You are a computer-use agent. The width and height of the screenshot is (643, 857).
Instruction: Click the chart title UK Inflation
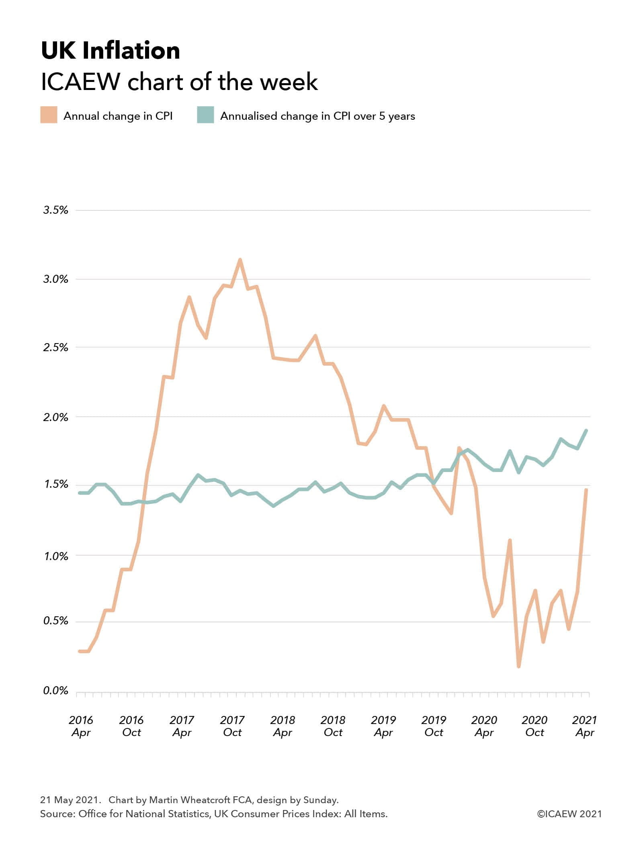pyautogui.click(x=111, y=51)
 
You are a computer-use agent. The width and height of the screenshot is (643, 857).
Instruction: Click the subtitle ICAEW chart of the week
pyautogui.click(x=179, y=82)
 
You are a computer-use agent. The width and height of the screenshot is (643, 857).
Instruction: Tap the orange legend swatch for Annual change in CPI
pyautogui.click(x=49, y=115)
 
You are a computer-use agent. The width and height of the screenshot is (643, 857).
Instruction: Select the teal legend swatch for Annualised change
pyautogui.click(x=205, y=115)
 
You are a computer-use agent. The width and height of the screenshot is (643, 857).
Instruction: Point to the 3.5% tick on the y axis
pyautogui.click(x=56, y=210)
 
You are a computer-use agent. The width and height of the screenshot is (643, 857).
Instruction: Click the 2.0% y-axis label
pyautogui.click(x=56, y=417)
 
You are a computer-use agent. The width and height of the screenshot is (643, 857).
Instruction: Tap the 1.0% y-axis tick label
pyautogui.click(x=56, y=556)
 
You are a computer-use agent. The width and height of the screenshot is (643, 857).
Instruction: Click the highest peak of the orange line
pyautogui.click(x=240, y=260)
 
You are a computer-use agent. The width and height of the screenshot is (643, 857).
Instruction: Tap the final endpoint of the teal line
pyautogui.click(x=586, y=430)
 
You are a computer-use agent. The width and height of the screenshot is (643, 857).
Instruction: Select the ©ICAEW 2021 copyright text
pyautogui.click(x=569, y=814)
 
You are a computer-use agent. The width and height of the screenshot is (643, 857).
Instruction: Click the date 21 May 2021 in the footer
pyautogui.click(x=68, y=800)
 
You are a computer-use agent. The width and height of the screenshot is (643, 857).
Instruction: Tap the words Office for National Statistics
pyautogui.click(x=144, y=814)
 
